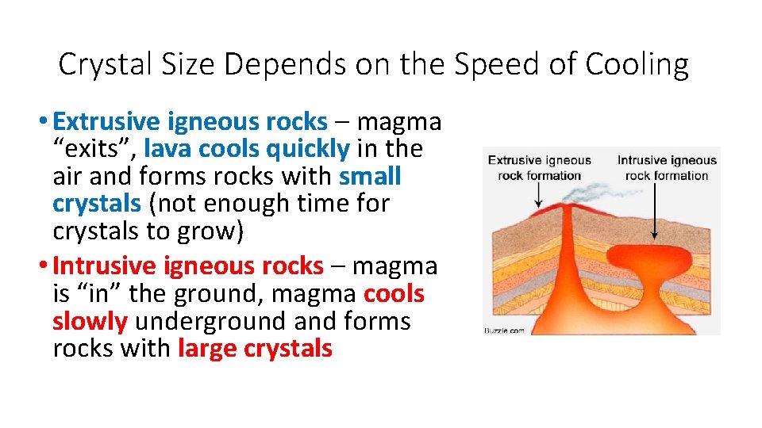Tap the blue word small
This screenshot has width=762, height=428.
pos(370,176)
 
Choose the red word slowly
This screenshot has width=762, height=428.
pos(90,321)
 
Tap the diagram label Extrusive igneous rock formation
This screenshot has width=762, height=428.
pos(540,167)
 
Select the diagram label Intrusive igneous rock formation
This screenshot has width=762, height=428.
pos(667,167)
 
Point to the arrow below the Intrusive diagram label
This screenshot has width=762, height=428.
pos(653,211)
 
